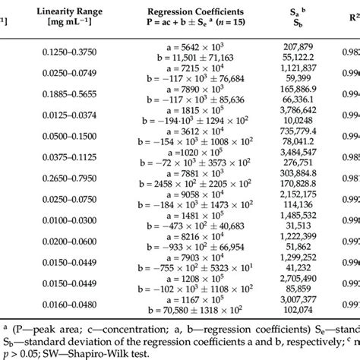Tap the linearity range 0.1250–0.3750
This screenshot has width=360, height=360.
coord(80,52)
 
